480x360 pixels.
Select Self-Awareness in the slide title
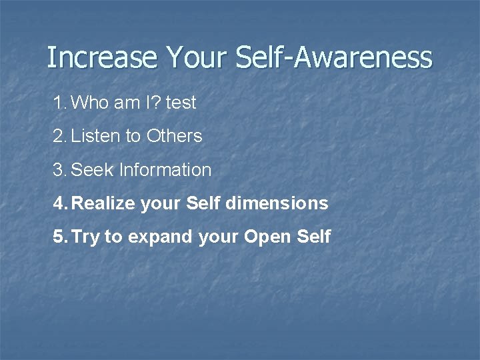[x=334, y=57]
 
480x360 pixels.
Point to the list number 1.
[x=59, y=103]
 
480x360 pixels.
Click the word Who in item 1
[x=89, y=103]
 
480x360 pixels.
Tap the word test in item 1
[x=181, y=103]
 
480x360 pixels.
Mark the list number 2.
[x=59, y=136]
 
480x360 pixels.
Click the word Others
[x=174, y=136]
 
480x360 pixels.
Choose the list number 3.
[x=59, y=170]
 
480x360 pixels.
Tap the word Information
[x=165, y=170]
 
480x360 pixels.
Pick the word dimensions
[x=277, y=203]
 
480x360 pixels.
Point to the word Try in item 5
[x=85, y=237]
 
